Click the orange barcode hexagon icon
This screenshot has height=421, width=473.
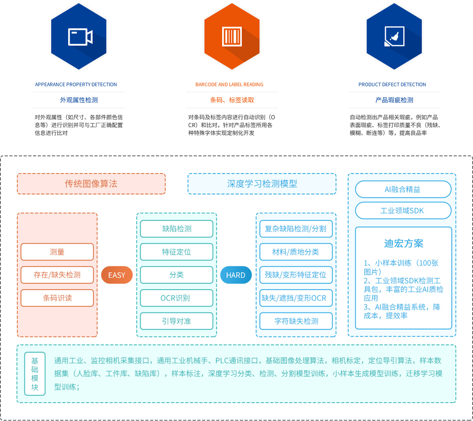click(232, 37)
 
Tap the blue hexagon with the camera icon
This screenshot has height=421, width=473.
click(79, 37)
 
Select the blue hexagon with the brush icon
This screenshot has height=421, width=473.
click(394, 37)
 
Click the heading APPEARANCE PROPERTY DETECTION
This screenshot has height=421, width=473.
click(76, 85)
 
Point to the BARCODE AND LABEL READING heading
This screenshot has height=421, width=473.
click(229, 85)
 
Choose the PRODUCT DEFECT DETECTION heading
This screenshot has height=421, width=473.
click(392, 85)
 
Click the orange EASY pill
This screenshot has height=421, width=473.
click(117, 275)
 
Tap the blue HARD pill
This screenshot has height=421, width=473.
click(236, 275)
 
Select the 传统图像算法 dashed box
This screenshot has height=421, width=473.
click(91, 184)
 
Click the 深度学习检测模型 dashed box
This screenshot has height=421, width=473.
click(262, 184)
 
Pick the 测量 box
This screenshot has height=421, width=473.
click(57, 252)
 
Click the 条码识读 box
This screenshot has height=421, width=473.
click(57, 298)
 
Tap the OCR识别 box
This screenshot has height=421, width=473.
click(176, 298)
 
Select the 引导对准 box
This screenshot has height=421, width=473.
click(176, 321)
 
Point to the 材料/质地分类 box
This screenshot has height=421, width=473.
click(296, 252)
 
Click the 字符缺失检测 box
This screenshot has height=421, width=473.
click(296, 321)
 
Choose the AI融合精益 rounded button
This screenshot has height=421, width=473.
click(403, 189)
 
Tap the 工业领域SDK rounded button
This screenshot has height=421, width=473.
click(403, 211)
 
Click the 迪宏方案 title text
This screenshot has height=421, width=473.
click(404, 244)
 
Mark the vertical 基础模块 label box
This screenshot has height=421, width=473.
click(35, 374)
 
